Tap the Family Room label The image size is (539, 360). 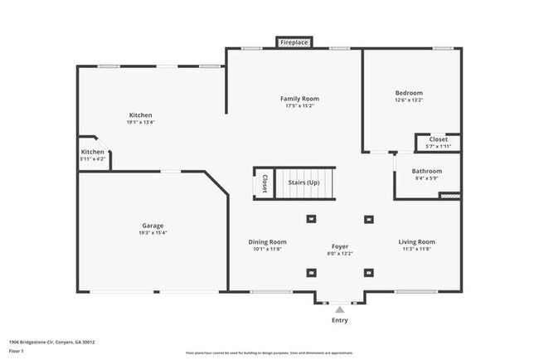pos(299,99)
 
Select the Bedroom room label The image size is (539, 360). pos(409,93)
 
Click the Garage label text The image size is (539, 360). pos(153,226)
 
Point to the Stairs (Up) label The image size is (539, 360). pos(303,182)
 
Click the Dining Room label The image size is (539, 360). pos(268,242)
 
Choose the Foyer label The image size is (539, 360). pos(340,246)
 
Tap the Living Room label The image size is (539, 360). pos(416,242)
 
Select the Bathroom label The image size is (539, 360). pos(427,172)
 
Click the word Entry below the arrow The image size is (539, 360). pos(340,320)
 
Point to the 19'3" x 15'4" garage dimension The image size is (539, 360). pos(153,233)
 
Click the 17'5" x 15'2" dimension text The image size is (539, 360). pos(299,105)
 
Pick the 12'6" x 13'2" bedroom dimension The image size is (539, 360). pos(409,100)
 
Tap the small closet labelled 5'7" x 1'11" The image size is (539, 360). pos(438,143)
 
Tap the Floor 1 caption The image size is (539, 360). pos(16,351)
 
